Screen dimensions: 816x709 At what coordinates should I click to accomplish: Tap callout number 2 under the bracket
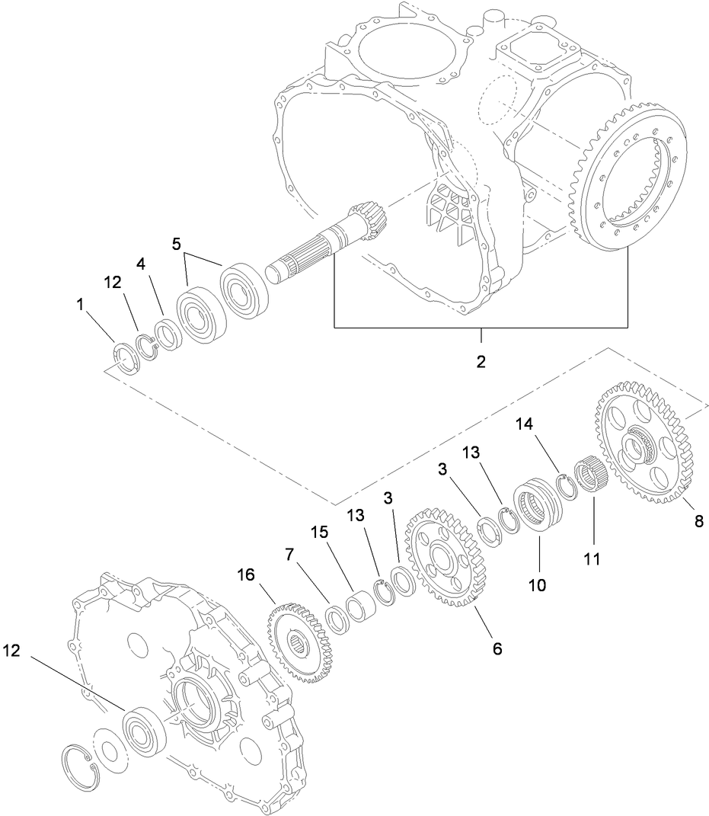click(481, 361)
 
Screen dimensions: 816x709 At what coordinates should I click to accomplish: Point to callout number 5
click(177, 245)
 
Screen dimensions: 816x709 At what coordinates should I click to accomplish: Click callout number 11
click(592, 558)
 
